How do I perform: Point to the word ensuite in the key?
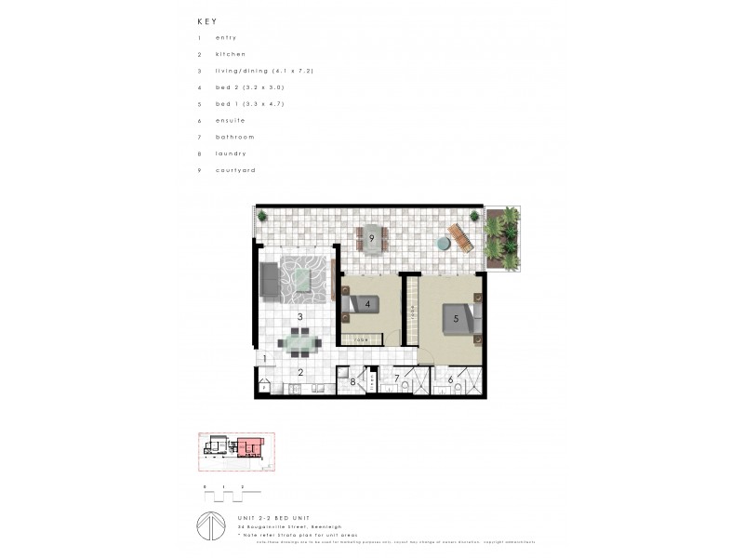click(x=229, y=121)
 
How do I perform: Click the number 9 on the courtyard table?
click(x=371, y=239)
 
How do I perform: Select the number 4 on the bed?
click(x=368, y=304)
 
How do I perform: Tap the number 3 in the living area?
click(x=300, y=317)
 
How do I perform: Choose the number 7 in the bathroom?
click(x=397, y=378)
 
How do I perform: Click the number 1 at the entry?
click(x=264, y=359)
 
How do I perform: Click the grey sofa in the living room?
click(x=269, y=280)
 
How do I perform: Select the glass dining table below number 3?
click(x=301, y=346)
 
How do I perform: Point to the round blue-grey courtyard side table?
click(x=445, y=244)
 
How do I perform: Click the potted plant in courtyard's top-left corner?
click(x=262, y=217)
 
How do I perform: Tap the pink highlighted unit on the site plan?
click(x=249, y=447)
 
